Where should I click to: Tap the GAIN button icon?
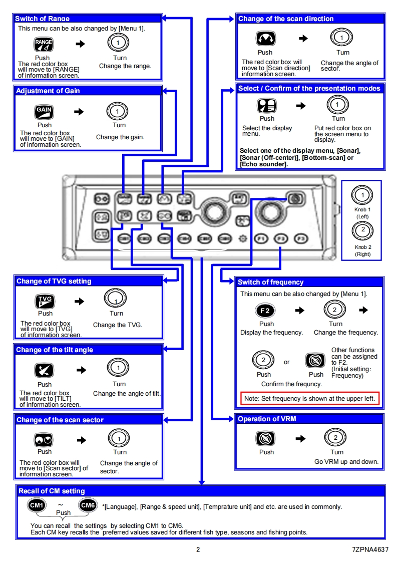tap(44, 112)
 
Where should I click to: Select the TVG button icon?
tap(45, 301)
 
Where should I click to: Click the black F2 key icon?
tap(266, 311)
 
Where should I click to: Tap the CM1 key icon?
tap(37, 505)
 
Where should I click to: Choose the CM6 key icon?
tap(88, 505)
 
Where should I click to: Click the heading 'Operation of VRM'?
tap(267, 419)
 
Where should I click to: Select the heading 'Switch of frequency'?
tap(270, 283)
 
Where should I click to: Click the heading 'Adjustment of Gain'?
tap(48, 91)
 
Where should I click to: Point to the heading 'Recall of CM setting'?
tap(52, 491)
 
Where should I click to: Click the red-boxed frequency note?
tap(310, 399)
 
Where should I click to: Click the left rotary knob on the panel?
tap(213, 212)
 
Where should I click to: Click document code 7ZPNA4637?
tap(370, 549)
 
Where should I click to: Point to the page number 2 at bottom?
tap(198, 549)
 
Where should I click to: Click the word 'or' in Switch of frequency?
tap(287, 362)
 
